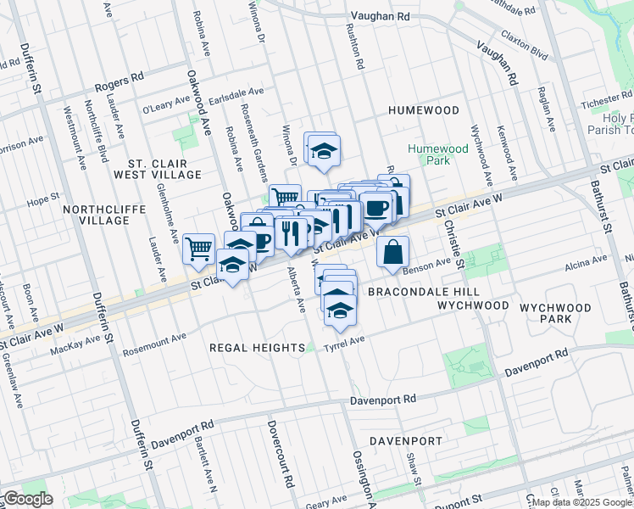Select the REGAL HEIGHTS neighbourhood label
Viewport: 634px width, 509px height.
coord(257,348)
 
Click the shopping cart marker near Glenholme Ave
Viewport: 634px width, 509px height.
coord(198,249)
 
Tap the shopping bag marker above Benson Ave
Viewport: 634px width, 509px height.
coord(393,252)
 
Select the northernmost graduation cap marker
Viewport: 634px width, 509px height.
coord(322,151)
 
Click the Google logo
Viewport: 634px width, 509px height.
coord(27,499)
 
